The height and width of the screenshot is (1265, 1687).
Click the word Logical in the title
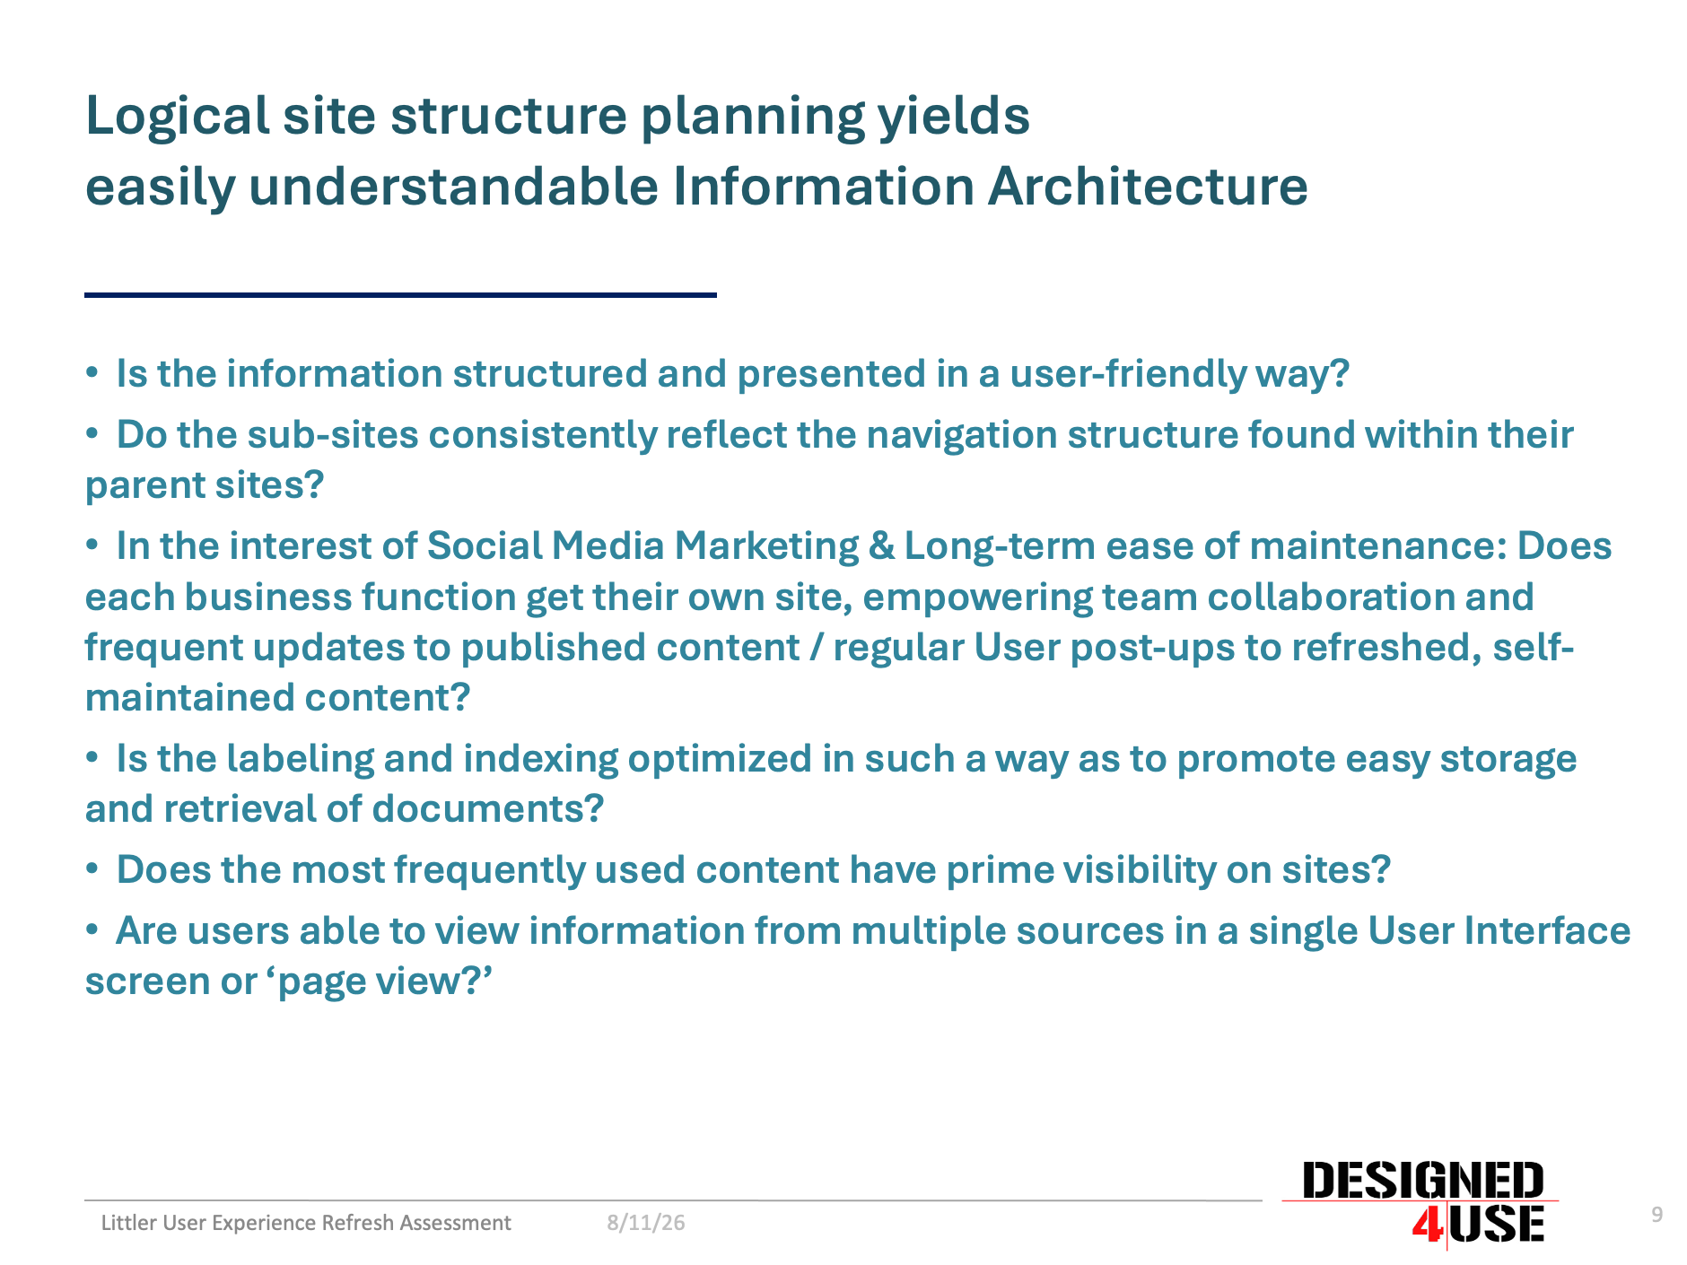tap(177, 116)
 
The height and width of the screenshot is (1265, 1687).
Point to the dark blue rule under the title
tap(400, 294)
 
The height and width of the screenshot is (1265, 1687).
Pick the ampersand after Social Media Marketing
tap(881, 546)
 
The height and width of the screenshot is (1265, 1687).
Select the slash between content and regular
tap(816, 648)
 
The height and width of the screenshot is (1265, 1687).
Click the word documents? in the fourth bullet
tap(487, 809)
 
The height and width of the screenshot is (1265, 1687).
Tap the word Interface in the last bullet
tap(1547, 931)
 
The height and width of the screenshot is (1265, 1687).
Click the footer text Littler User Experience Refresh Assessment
tap(306, 1223)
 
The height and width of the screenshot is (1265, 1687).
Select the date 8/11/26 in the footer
tap(646, 1223)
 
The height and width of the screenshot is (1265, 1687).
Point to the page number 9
tap(1657, 1215)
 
